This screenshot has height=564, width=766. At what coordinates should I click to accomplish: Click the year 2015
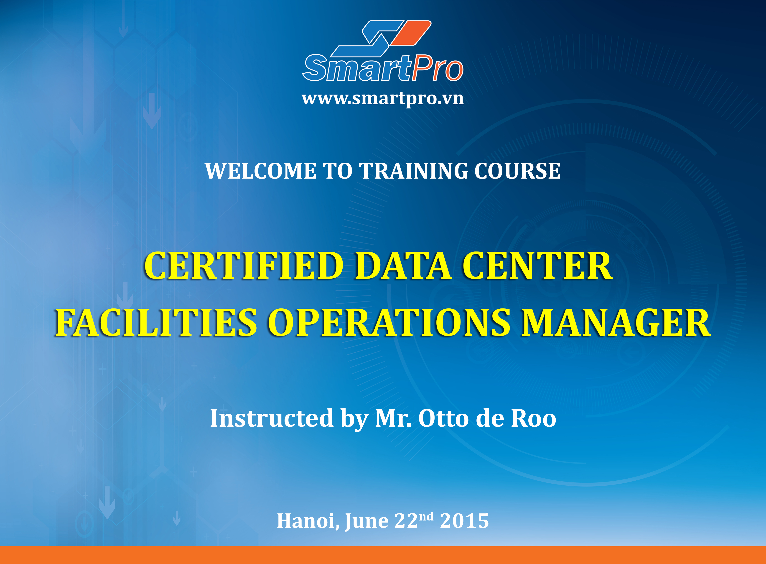[x=464, y=521]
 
